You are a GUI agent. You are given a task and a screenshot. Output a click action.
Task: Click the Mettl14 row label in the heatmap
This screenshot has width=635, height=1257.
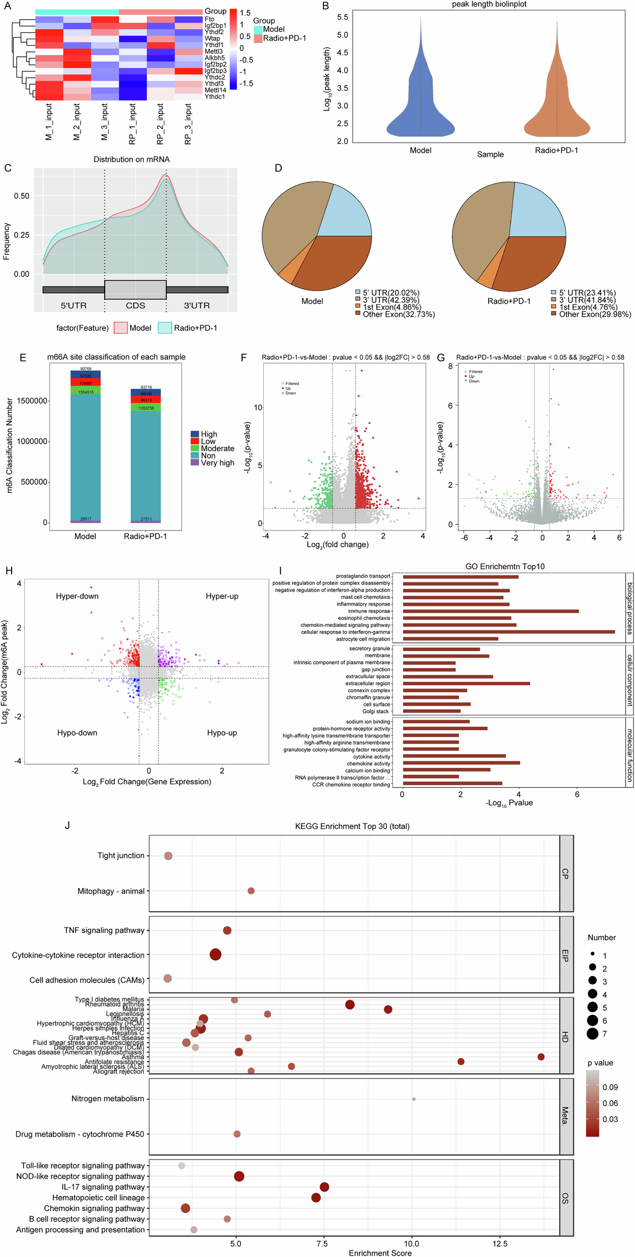215,90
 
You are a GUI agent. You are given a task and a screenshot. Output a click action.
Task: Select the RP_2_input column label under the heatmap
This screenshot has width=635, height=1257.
160,124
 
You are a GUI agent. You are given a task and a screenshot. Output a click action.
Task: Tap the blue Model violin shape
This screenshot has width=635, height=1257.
421,101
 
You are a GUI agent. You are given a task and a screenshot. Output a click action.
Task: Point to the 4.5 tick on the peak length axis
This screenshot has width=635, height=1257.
342,53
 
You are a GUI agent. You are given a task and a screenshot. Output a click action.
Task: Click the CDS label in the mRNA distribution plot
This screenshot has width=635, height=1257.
135,306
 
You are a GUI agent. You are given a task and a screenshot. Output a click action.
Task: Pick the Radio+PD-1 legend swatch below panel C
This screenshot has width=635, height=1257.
165,328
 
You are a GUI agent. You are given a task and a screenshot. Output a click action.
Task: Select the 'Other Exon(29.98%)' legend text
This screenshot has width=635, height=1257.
595,314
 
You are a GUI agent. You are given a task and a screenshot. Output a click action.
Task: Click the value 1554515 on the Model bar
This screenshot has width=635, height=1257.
86,392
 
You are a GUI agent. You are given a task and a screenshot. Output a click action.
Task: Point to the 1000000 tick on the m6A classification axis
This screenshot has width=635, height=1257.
32,441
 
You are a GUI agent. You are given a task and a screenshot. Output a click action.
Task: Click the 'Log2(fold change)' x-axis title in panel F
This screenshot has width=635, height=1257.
338,544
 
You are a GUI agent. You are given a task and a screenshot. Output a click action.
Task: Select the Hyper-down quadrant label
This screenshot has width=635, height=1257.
77,596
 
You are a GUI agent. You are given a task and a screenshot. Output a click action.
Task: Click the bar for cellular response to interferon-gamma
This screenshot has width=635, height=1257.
508,632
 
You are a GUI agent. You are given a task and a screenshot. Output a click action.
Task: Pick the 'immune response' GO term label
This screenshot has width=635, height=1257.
369,611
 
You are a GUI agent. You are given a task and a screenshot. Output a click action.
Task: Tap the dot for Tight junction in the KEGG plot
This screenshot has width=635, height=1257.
168,856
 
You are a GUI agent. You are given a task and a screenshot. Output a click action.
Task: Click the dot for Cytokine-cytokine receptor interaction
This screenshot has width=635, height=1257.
215,954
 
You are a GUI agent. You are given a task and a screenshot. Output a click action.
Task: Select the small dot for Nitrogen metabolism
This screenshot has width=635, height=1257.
414,1099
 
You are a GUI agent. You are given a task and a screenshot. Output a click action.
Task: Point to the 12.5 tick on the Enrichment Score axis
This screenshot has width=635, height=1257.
500,1244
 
